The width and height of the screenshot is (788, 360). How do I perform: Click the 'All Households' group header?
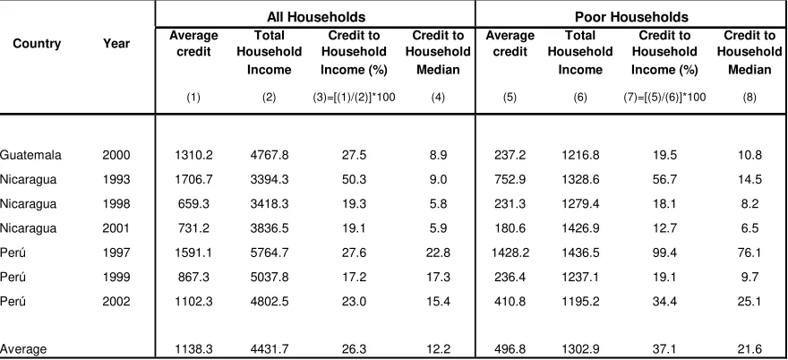[x=315, y=17]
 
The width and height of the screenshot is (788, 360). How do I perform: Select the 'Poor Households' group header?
[x=631, y=17]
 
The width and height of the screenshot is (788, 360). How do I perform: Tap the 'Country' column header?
[x=37, y=44]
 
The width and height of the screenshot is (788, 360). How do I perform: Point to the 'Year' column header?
[x=116, y=44]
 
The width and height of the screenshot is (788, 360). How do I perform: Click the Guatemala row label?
[x=30, y=155]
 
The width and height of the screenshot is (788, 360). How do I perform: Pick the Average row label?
[x=23, y=349]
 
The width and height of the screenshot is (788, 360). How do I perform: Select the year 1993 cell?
[x=116, y=179]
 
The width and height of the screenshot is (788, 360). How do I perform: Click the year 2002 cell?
[x=116, y=302]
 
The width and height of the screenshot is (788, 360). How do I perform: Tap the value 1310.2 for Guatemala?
[x=193, y=155]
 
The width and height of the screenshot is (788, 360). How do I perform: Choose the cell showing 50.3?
[x=354, y=179]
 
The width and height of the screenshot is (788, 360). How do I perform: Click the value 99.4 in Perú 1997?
[x=664, y=253]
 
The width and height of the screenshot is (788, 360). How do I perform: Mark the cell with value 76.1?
[x=749, y=253]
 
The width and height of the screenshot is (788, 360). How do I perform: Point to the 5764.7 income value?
[x=270, y=253]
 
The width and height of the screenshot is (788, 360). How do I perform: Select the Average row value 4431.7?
[x=270, y=349]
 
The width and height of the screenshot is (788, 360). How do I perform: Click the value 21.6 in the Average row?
[x=749, y=349]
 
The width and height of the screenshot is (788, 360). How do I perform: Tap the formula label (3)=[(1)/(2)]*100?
[x=354, y=98]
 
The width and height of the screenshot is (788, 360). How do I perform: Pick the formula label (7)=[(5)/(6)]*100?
[x=664, y=98]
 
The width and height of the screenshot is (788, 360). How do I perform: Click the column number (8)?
[x=749, y=98]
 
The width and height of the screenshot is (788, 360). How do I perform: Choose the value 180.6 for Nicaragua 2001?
[x=510, y=228]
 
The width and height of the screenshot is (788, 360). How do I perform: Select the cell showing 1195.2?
[x=580, y=302]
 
